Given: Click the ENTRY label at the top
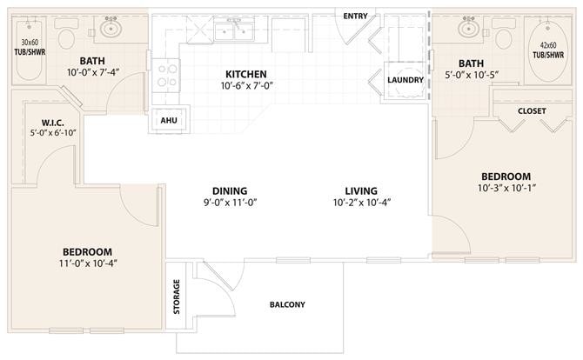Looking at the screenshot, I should pyautogui.click(x=354, y=16).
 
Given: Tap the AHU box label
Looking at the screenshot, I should pyautogui.click(x=169, y=121).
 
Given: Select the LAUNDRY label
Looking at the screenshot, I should pyautogui.click(x=405, y=80).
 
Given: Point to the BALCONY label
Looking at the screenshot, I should pyautogui.click(x=286, y=304).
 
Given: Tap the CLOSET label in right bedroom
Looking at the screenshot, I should pyautogui.click(x=531, y=111).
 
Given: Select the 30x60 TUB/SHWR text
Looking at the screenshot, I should pyautogui.click(x=30, y=46).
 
